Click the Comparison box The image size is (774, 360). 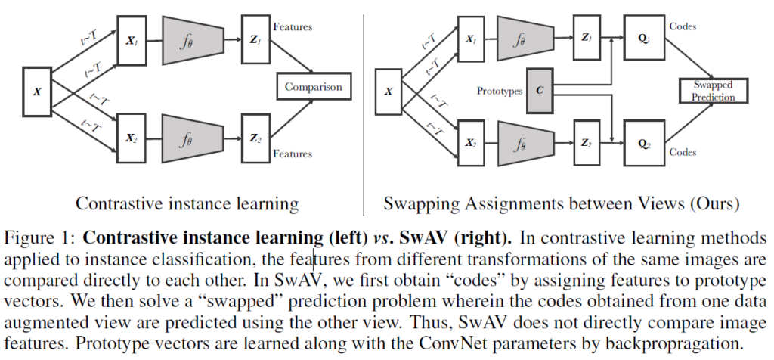(314, 86)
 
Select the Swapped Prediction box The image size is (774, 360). (714, 91)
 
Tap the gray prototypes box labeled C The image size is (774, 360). (540, 91)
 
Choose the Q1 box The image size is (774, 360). (644, 38)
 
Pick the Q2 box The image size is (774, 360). (644, 143)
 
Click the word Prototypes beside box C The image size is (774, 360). (499, 91)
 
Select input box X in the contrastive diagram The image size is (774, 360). (37, 92)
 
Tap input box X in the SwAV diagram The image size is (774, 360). (389, 92)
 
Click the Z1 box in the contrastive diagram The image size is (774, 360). (255, 39)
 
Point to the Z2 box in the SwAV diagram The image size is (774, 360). (587, 143)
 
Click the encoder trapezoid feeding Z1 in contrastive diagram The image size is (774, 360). (193, 41)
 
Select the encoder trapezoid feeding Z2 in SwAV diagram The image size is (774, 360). (525, 143)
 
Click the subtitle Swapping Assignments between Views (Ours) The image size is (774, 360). (562, 203)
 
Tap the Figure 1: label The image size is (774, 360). (40, 238)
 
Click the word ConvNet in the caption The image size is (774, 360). (454, 343)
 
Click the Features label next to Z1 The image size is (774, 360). (293, 26)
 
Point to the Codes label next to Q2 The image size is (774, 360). (683, 151)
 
